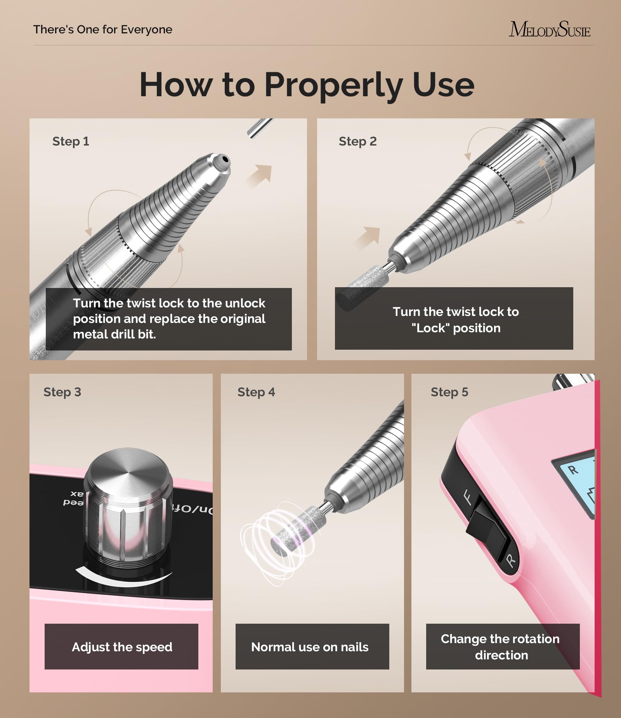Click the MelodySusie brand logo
(550, 29)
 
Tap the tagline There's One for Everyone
(103, 29)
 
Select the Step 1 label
(71, 141)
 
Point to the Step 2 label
(357, 141)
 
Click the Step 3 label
(62, 392)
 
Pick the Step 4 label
(256, 392)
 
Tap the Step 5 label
(449, 392)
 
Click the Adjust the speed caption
(122, 647)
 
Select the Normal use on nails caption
(310, 647)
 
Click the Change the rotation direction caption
(500, 647)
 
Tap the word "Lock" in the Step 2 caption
(430, 328)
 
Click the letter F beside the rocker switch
(468, 497)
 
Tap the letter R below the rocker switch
(511, 560)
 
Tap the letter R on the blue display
(573, 470)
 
